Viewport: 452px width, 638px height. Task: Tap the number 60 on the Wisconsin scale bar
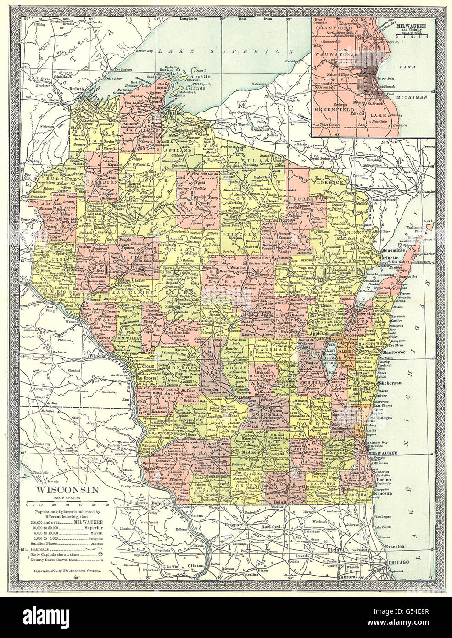pos(107,504)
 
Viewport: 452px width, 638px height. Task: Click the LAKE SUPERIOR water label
pos(219,50)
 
